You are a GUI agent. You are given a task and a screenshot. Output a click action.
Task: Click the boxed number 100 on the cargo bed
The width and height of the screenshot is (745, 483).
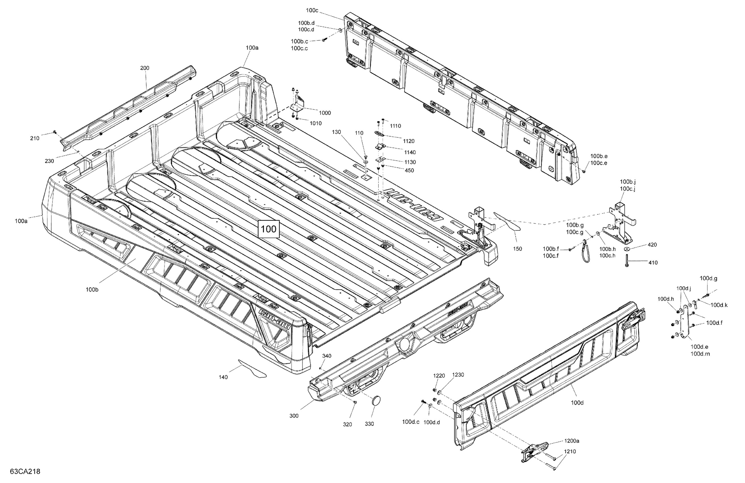click(268, 229)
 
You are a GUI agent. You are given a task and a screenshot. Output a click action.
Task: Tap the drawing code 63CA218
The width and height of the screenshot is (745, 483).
click(25, 471)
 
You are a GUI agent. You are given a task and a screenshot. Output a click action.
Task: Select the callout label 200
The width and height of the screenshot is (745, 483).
click(145, 68)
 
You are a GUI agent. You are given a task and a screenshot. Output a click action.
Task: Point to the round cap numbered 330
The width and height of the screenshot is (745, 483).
click(376, 401)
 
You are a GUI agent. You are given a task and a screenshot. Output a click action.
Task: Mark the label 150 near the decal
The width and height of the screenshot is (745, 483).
click(517, 249)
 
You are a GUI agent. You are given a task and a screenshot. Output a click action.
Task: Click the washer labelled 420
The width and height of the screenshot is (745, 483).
click(627, 249)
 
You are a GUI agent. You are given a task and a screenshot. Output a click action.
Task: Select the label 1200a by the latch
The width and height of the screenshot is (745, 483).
click(572, 441)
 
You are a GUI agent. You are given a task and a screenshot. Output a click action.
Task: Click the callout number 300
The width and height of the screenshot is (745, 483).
click(294, 416)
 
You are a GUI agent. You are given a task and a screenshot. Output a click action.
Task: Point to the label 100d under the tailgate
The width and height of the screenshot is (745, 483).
click(577, 403)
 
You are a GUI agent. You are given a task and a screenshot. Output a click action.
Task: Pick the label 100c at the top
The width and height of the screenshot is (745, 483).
click(312, 10)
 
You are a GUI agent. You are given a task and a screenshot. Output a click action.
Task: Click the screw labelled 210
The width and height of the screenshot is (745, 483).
click(55, 132)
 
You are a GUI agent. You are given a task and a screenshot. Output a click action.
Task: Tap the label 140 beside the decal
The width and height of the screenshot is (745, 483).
click(223, 377)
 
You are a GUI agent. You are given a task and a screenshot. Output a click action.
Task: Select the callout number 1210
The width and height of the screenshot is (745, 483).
click(570, 451)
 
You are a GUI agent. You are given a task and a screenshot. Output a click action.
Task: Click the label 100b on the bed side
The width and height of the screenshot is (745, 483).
click(92, 290)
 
